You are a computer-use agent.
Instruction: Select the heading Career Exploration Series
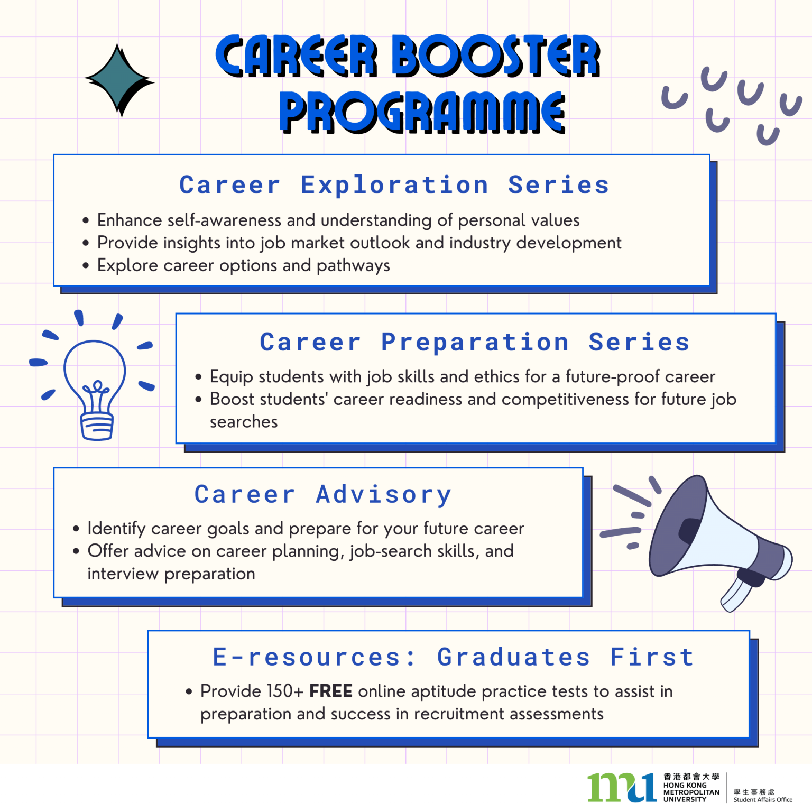pyautogui.click(x=394, y=185)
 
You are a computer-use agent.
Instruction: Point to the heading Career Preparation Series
pyautogui.click(x=475, y=342)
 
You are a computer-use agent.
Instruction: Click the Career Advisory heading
pyautogui.click(x=322, y=495)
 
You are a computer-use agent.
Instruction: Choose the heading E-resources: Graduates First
pyautogui.click(x=453, y=657)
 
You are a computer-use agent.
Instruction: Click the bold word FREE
pyautogui.click(x=330, y=691)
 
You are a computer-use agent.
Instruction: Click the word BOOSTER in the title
pyautogui.click(x=495, y=56)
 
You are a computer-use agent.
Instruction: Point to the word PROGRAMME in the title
pyautogui.click(x=422, y=112)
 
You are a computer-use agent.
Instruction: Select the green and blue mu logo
pyautogui.click(x=622, y=787)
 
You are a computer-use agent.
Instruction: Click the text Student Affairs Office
pyautogui.click(x=763, y=800)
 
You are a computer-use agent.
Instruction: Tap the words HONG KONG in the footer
pyautogui.click(x=685, y=785)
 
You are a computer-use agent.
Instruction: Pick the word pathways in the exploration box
pyautogui.click(x=353, y=266)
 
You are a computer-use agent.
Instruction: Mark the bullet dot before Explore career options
pyautogui.click(x=86, y=265)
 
